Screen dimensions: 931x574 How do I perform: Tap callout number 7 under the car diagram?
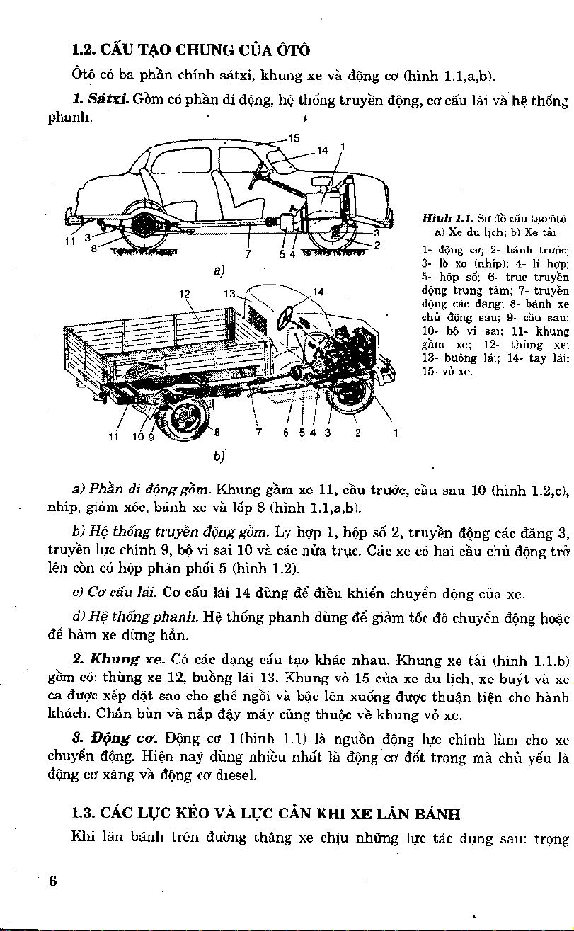click(247, 254)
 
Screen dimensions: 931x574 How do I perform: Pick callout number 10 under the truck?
click(139, 437)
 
